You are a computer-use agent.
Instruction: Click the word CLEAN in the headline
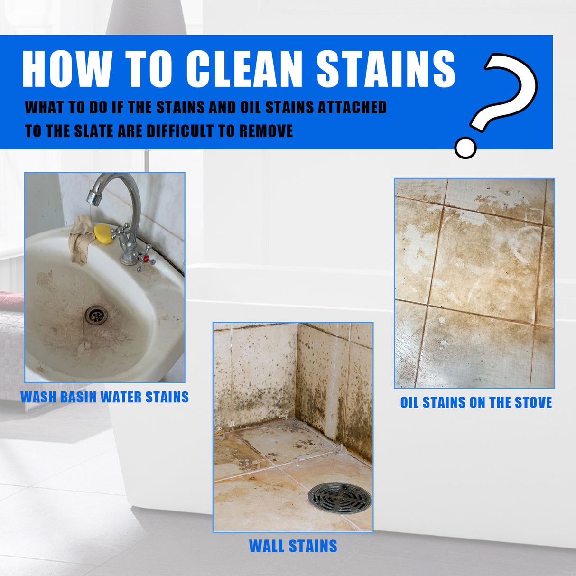[x=244, y=69]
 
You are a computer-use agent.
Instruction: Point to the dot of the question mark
[x=465, y=148]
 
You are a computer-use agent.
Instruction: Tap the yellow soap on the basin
[x=103, y=234]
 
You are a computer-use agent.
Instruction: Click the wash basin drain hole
[x=96, y=315]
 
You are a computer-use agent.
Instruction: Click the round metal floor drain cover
[x=340, y=498]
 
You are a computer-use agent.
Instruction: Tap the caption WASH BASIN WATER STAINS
[x=104, y=397]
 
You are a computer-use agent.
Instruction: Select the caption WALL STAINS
[x=293, y=546]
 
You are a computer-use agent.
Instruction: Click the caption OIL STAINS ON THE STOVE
[x=476, y=403]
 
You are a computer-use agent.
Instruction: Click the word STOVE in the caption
[x=533, y=403]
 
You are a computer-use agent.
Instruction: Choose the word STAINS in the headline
[x=385, y=69]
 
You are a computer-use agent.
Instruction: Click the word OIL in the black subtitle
[x=250, y=108]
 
